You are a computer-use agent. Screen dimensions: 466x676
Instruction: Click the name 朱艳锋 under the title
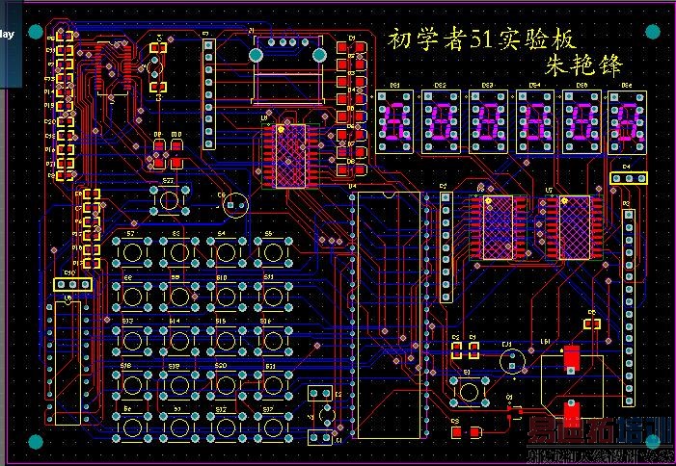pyautogui.click(x=585, y=65)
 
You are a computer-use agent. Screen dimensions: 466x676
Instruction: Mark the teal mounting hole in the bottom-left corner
pyautogui.click(x=35, y=442)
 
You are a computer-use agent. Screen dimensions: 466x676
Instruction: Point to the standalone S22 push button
pyautogui.click(x=170, y=200)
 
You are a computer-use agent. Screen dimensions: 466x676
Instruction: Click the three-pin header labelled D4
pyautogui.click(x=627, y=178)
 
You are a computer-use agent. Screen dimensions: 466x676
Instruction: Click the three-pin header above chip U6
pyautogui.click(x=71, y=284)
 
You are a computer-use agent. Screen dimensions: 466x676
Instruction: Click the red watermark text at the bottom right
pyautogui.click(x=599, y=435)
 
